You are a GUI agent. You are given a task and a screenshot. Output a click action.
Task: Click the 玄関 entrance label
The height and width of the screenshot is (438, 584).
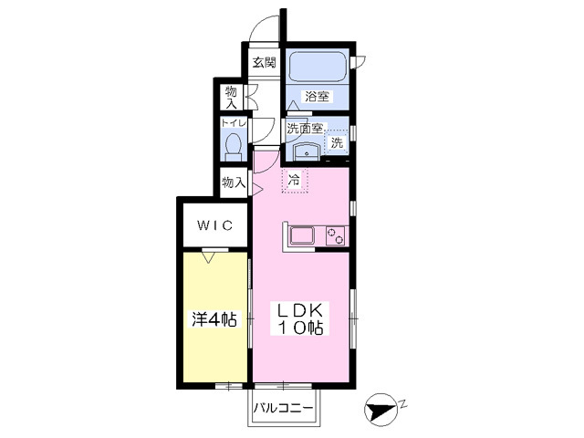pyautogui.click(x=265, y=63)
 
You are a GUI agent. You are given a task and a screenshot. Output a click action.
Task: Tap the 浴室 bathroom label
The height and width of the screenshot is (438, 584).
pyautogui.click(x=318, y=96)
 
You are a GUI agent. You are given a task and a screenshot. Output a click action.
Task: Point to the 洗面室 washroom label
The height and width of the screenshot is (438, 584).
pyautogui.click(x=304, y=129)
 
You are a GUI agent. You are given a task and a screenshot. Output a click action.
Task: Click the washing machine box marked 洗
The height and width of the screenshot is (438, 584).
pyautogui.click(x=337, y=142)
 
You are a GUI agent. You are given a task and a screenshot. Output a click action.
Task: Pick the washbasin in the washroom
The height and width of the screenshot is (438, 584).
pyautogui.click(x=308, y=151)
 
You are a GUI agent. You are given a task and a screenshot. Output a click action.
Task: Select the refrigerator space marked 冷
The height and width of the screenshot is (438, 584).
pyautogui.click(x=295, y=181)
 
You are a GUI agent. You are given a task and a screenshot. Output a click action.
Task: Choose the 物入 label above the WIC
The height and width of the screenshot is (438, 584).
pyautogui.click(x=234, y=182)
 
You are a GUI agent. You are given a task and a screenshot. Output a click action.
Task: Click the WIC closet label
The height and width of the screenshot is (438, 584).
pyautogui.click(x=211, y=224)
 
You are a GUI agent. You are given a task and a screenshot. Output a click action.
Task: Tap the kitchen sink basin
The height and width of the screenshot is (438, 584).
pyautogui.click(x=303, y=236)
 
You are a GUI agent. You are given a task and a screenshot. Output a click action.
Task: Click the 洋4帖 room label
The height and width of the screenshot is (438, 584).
pyautogui.click(x=214, y=319)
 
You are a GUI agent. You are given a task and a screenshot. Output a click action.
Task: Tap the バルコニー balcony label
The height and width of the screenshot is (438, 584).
pyautogui.click(x=284, y=408)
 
